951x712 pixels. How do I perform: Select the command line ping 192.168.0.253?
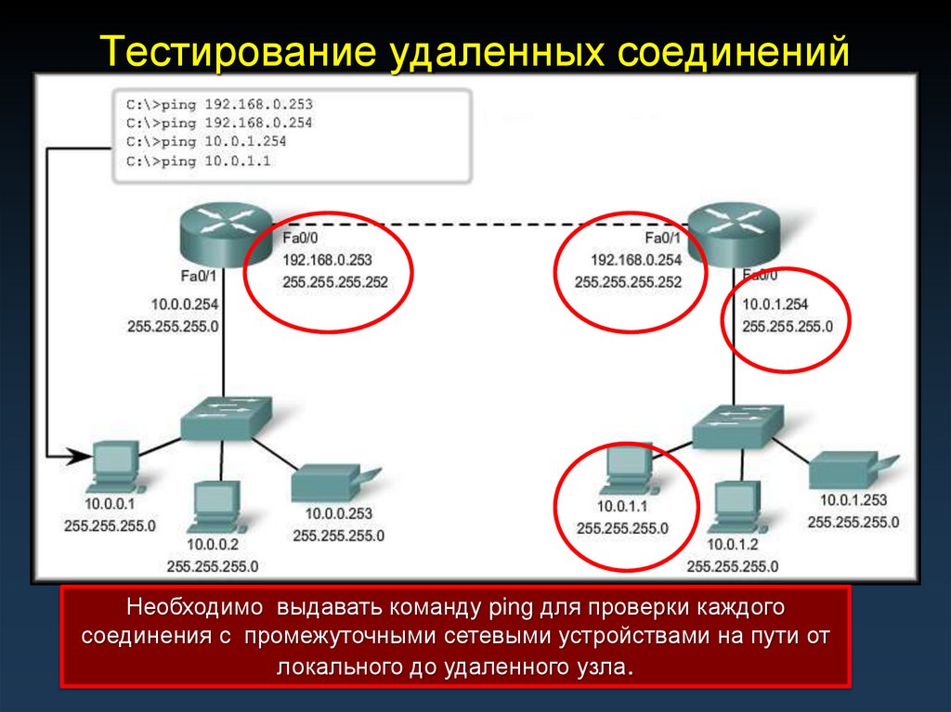[219, 103]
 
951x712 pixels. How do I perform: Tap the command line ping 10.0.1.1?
[206, 162]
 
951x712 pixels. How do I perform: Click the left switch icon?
[226, 419]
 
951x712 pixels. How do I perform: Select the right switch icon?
[737, 428]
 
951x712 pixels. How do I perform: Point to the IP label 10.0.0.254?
[184, 304]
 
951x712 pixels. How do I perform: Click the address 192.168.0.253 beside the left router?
[326, 260]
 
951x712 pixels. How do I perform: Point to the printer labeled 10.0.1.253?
[847, 471]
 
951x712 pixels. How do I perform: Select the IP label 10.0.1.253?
[853, 500]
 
